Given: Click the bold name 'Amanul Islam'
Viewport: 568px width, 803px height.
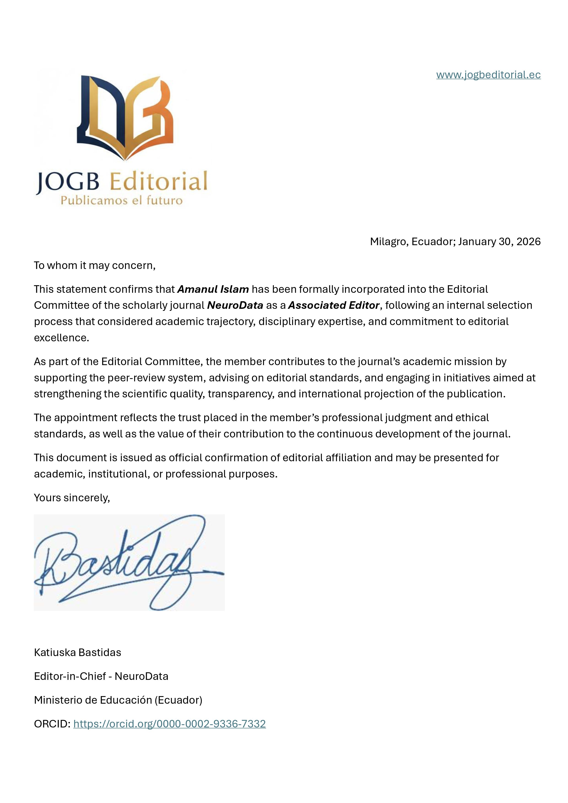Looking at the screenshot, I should (213, 289).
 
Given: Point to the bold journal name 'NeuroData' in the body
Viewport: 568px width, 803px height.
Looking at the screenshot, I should (235, 305).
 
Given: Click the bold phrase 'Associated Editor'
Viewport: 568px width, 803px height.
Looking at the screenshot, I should (333, 305).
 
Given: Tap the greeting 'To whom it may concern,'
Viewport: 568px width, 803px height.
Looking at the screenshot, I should (94, 266).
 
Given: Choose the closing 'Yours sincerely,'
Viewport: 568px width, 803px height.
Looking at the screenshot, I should (72, 498).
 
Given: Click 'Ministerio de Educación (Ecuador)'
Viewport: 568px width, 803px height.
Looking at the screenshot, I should (118, 700).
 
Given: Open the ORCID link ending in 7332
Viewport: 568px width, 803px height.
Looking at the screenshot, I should (169, 724).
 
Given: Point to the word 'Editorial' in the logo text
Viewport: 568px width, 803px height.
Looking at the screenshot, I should (158, 182).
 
